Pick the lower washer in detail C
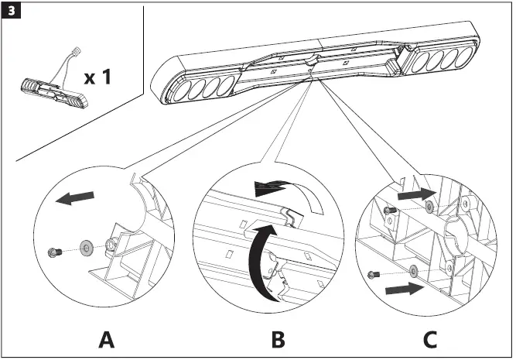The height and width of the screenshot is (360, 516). [x=414, y=270]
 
